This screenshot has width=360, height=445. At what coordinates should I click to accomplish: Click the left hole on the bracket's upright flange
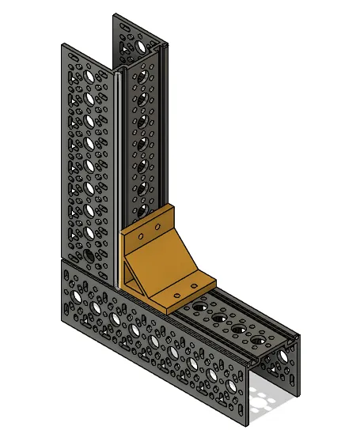click(x=140, y=236)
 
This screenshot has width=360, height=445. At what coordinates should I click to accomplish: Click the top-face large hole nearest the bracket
click(x=198, y=304)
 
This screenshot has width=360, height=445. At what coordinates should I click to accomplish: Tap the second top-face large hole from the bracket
click(x=218, y=317)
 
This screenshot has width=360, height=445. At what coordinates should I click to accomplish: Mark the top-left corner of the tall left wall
click(x=62, y=45)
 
